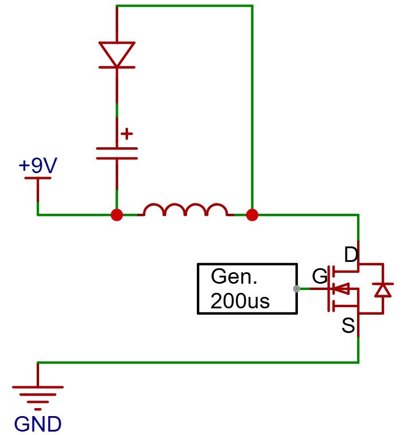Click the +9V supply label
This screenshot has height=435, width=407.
(x=38, y=165)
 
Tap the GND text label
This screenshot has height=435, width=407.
(x=38, y=424)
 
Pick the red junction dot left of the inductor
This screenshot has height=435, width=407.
(x=117, y=215)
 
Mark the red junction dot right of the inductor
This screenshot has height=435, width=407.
(x=252, y=215)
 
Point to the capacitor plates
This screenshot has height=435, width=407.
(x=117, y=154)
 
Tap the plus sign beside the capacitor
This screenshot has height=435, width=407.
(x=127, y=134)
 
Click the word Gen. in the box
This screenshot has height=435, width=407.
(x=234, y=276)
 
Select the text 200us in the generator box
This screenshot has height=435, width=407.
(x=240, y=301)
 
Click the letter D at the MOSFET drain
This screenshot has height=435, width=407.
(x=351, y=254)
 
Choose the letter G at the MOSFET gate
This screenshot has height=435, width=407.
(x=320, y=276)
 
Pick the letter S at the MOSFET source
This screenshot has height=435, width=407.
(x=348, y=325)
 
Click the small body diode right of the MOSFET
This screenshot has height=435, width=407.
(x=383, y=290)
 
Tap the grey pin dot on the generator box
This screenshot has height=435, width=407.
(x=296, y=289)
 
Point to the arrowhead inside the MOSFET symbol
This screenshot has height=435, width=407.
(x=341, y=289)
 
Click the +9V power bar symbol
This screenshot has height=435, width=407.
(x=38, y=178)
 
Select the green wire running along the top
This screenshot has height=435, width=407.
(x=184, y=6)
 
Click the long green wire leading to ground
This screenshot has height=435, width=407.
(x=198, y=362)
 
